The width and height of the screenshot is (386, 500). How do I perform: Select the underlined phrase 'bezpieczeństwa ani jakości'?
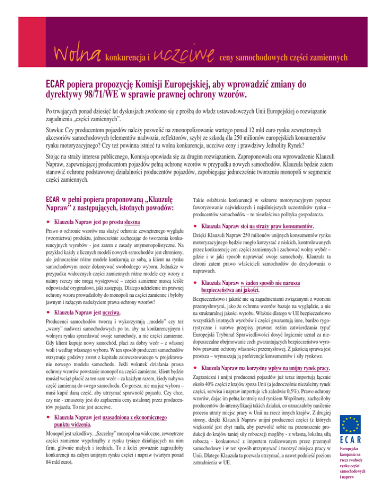click(230, 290)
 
